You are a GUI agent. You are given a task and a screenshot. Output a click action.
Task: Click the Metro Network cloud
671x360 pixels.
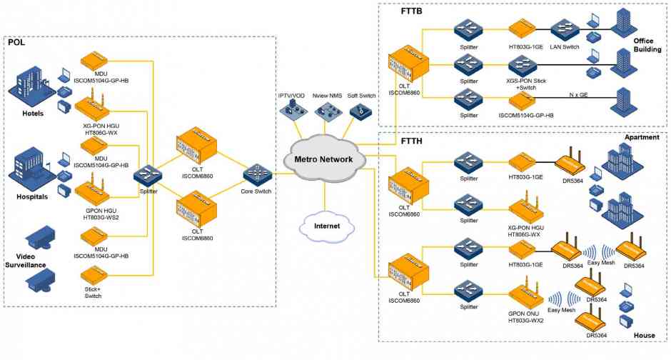point(324,159)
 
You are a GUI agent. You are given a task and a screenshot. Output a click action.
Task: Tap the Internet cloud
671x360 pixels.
point(327,226)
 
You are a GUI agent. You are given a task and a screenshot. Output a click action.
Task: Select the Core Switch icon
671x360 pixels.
point(258,175)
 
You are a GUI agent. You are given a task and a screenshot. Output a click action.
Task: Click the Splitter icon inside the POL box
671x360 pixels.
point(148,176)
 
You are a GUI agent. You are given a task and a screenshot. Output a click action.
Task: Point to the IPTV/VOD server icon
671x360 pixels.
point(293,110)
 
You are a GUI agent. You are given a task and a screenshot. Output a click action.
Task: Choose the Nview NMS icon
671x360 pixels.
point(328,111)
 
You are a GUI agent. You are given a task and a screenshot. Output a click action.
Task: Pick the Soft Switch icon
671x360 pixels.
point(360,111)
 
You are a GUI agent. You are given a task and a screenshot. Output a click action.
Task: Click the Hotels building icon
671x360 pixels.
point(31,89)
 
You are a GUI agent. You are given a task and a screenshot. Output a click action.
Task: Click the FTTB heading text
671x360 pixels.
point(411,11)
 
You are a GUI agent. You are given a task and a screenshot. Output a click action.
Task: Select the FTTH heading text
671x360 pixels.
point(411,141)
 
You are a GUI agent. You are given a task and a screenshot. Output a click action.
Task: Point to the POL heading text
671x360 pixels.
point(16,42)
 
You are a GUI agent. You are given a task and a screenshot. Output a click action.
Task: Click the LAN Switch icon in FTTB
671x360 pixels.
point(565,30)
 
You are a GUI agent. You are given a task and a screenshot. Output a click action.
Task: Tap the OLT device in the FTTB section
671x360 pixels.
point(408,64)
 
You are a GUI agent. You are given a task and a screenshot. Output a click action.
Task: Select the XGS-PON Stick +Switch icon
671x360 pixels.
point(523,66)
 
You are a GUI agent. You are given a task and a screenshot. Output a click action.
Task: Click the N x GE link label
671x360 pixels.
point(578,95)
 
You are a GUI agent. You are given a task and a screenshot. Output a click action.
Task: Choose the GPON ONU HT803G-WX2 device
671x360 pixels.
point(526,294)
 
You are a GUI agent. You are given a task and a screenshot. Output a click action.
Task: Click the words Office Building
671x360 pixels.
point(647,45)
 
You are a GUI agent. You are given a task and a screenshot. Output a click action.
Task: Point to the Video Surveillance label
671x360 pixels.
point(26,261)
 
